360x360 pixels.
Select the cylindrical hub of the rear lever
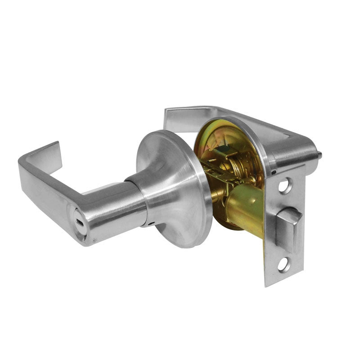pos(292,155)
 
